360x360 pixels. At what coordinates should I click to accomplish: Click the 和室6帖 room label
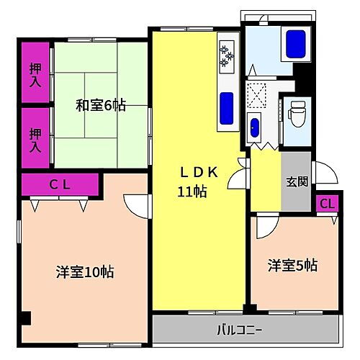coord(101,106)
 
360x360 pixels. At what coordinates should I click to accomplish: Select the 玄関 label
coord(296,181)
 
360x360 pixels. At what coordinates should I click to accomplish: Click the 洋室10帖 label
coord(85,272)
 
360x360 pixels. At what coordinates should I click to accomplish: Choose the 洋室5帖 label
coord(292,265)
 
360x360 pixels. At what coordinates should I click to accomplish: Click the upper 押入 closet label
coord(35,75)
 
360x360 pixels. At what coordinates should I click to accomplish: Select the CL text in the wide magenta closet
coord(59,185)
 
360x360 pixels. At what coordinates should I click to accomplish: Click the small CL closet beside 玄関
coord(327,204)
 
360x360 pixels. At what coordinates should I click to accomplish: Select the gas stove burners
coord(228,56)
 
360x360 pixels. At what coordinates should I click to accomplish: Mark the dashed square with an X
coord(256,93)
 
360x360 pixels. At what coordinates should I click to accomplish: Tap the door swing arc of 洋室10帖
coord(135,205)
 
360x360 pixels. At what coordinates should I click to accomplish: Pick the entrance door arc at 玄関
coord(323,174)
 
